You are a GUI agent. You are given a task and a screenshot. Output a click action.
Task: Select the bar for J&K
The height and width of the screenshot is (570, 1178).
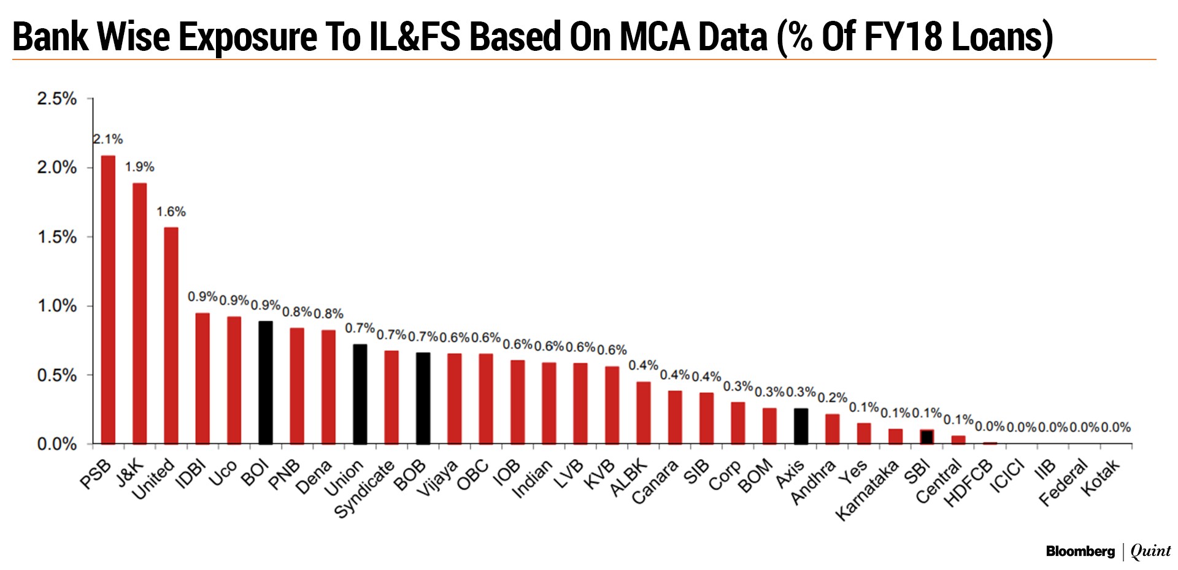[x=139, y=313]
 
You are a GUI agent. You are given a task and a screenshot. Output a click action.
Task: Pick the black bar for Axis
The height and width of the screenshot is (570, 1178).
[x=801, y=425]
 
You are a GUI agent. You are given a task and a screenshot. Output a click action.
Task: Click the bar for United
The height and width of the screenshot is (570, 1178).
[x=171, y=335]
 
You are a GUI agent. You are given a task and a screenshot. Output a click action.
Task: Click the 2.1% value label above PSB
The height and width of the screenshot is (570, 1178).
[x=108, y=140]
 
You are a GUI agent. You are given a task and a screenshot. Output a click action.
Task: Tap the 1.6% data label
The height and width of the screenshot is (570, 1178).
[x=171, y=212]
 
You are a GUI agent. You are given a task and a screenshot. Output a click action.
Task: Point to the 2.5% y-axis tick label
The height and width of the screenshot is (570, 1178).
[x=57, y=99]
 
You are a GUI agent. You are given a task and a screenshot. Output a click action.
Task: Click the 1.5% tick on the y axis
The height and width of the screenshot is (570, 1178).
[x=57, y=237]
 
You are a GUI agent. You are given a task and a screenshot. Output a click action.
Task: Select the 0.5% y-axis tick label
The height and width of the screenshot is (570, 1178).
[x=57, y=375]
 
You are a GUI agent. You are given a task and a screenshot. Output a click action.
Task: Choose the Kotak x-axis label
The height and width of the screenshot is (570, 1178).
[x=1101, y=477]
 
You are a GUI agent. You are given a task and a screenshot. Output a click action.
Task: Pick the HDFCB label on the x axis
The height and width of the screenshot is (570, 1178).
[x=968, y=484]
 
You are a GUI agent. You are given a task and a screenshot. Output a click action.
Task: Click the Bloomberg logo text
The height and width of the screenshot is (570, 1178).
[x=1080, y=552]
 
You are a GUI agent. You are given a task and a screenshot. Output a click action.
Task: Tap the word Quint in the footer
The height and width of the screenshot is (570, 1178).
[x=1150, y=552]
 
